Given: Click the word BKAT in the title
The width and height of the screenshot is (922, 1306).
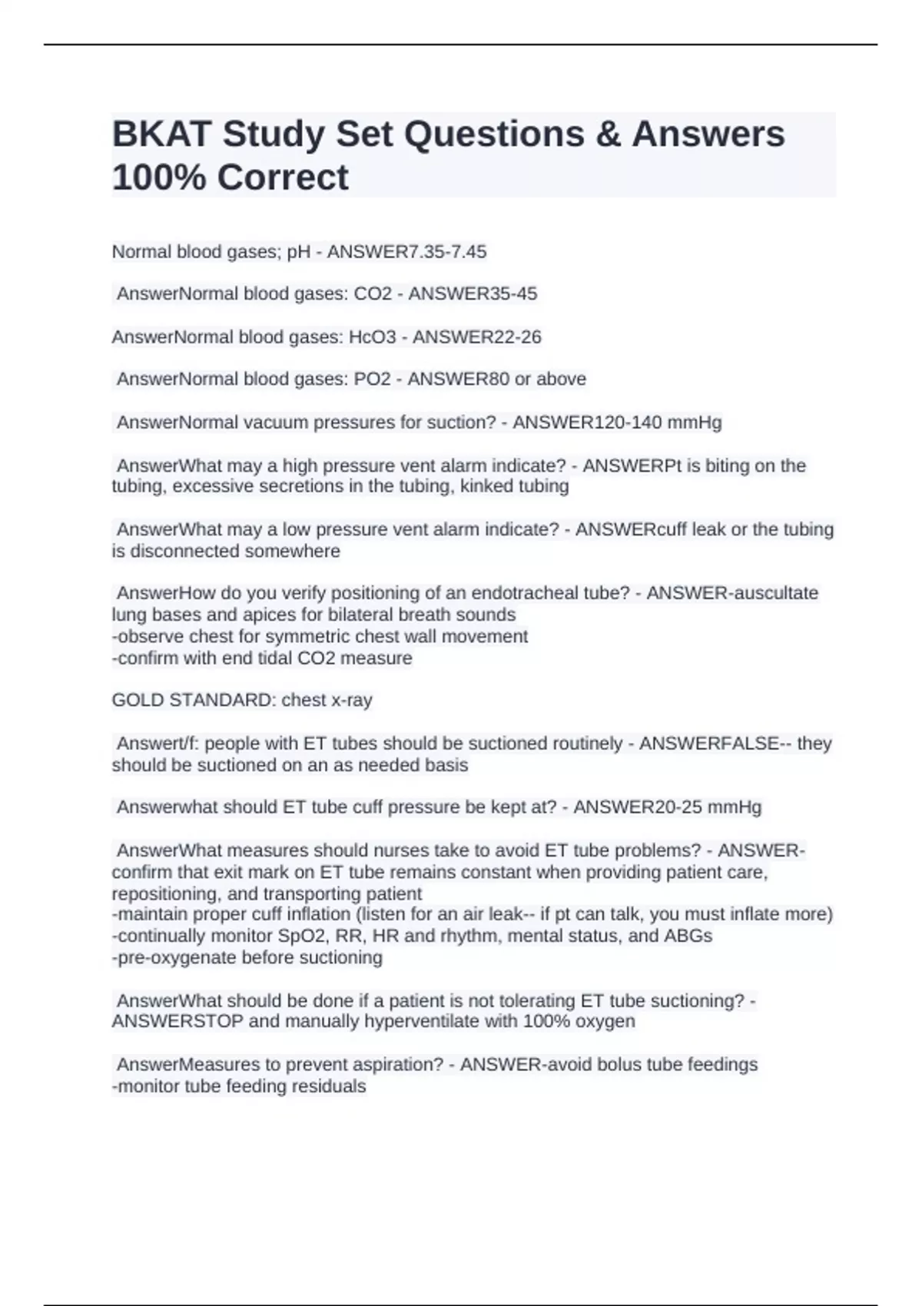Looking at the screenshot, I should click(161, 134).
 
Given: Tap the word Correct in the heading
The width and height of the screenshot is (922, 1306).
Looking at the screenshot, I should click(283, 177).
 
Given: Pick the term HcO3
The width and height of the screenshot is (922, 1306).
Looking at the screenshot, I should click(373, 337).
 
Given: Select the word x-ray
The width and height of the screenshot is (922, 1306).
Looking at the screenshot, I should click(351, 701).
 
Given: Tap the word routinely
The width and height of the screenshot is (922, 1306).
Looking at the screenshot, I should click(586, 744).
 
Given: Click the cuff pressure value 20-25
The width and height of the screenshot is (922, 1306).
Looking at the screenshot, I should click(676, 807).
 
